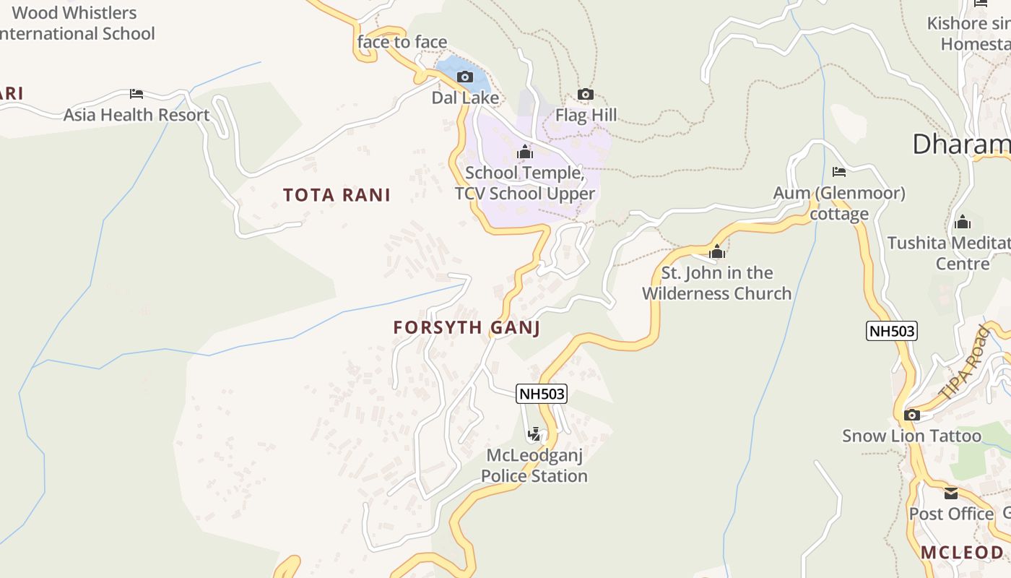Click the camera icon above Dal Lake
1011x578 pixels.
pos(465,77)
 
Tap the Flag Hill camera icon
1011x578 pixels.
pos(586,95)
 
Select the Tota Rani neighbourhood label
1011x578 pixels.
pos(337,195)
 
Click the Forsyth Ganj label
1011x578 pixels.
pos(467,327)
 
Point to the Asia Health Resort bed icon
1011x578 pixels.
pos(136,94)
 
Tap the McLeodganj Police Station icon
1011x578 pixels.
pos(534,434)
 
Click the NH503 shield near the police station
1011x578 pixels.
pos(542,394)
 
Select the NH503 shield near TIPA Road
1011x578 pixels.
pos(892,331)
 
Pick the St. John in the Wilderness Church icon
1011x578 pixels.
pos(717,252)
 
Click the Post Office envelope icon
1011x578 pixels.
pos(951,493)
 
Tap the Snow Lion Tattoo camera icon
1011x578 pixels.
pos(912,415)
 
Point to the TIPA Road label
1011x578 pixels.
pos(965,364)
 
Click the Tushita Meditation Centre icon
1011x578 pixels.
pos(962,222)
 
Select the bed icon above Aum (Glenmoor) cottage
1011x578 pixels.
pos(839,172)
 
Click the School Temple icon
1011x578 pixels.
pos(525,152)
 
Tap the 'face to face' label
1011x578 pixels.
pos(402,42)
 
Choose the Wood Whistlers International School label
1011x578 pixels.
pos(75,23)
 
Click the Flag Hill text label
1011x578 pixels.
pos(586,116)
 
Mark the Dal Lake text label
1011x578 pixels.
pos(465,98)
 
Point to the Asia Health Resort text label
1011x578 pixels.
pos(136,115)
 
